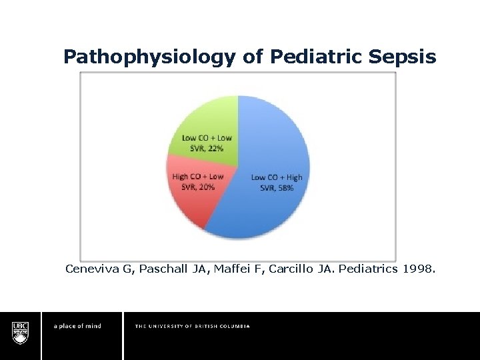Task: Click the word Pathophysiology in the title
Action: pos(149,57)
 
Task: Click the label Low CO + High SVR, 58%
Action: pos(276,182)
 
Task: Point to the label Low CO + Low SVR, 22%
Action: pos(207,143)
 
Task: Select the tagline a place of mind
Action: pos(77,326)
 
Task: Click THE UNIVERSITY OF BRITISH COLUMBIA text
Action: pos(192,326)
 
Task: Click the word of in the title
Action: pos(253,57)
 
